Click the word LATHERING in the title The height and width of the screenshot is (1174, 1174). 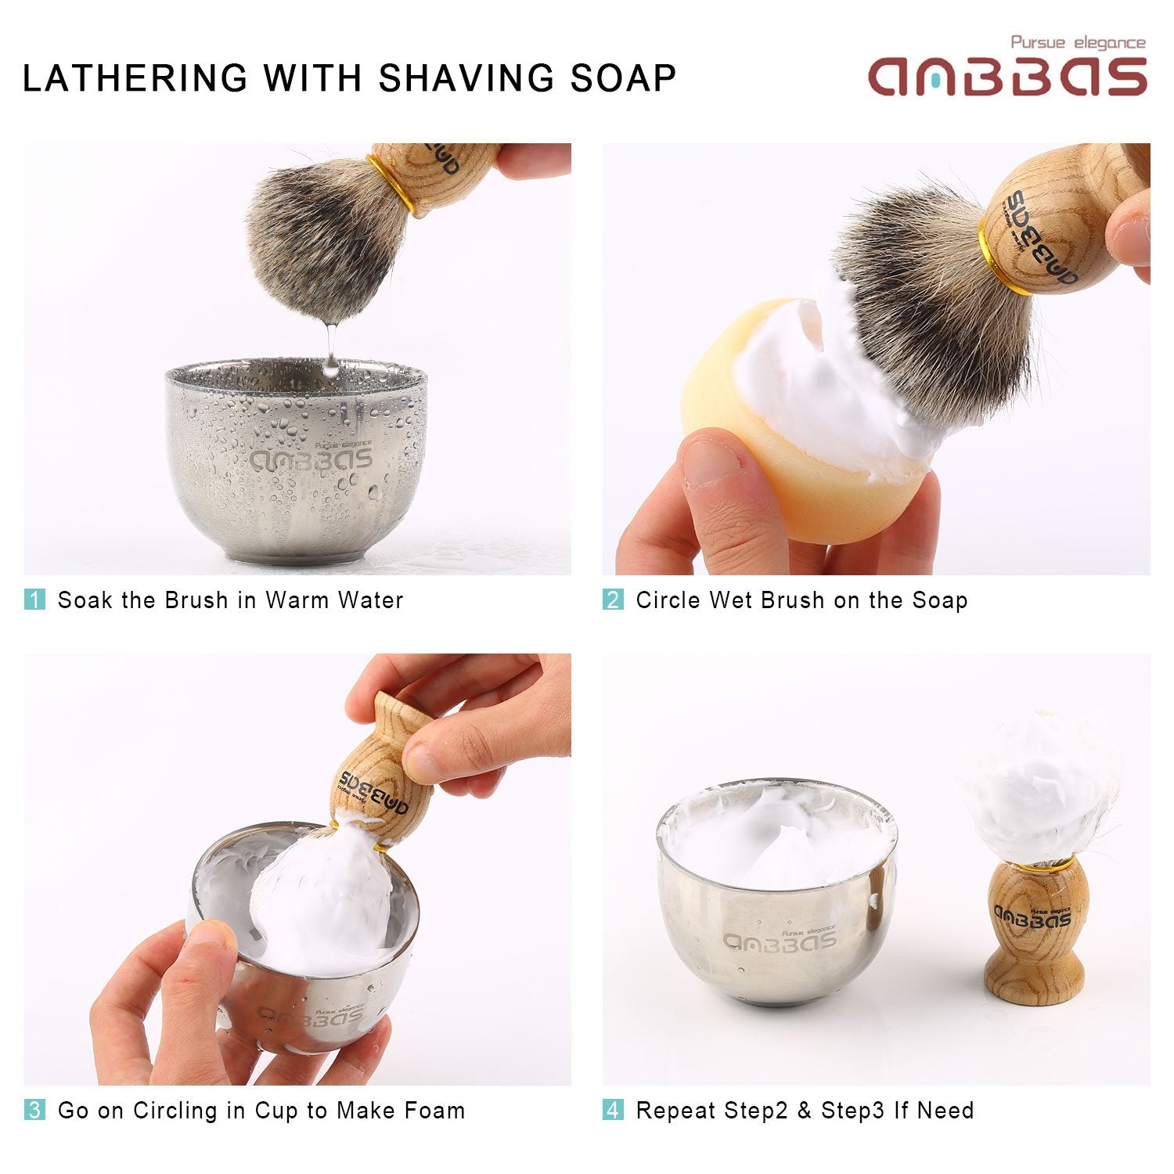[x=135, y=78]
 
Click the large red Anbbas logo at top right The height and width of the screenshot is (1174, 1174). [x=1007, y=77]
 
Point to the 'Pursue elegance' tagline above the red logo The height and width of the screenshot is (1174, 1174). [x=1077, y=43]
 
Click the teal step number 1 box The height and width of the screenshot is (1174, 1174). [x=35, y=600]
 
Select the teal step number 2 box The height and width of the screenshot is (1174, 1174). [x=613, y=600]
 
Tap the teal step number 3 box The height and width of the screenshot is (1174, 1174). [x=35, y=1110]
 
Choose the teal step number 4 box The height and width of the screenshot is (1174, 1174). [x=613, y=1110]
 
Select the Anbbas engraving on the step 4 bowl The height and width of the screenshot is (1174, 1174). [x=779, y=939]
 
